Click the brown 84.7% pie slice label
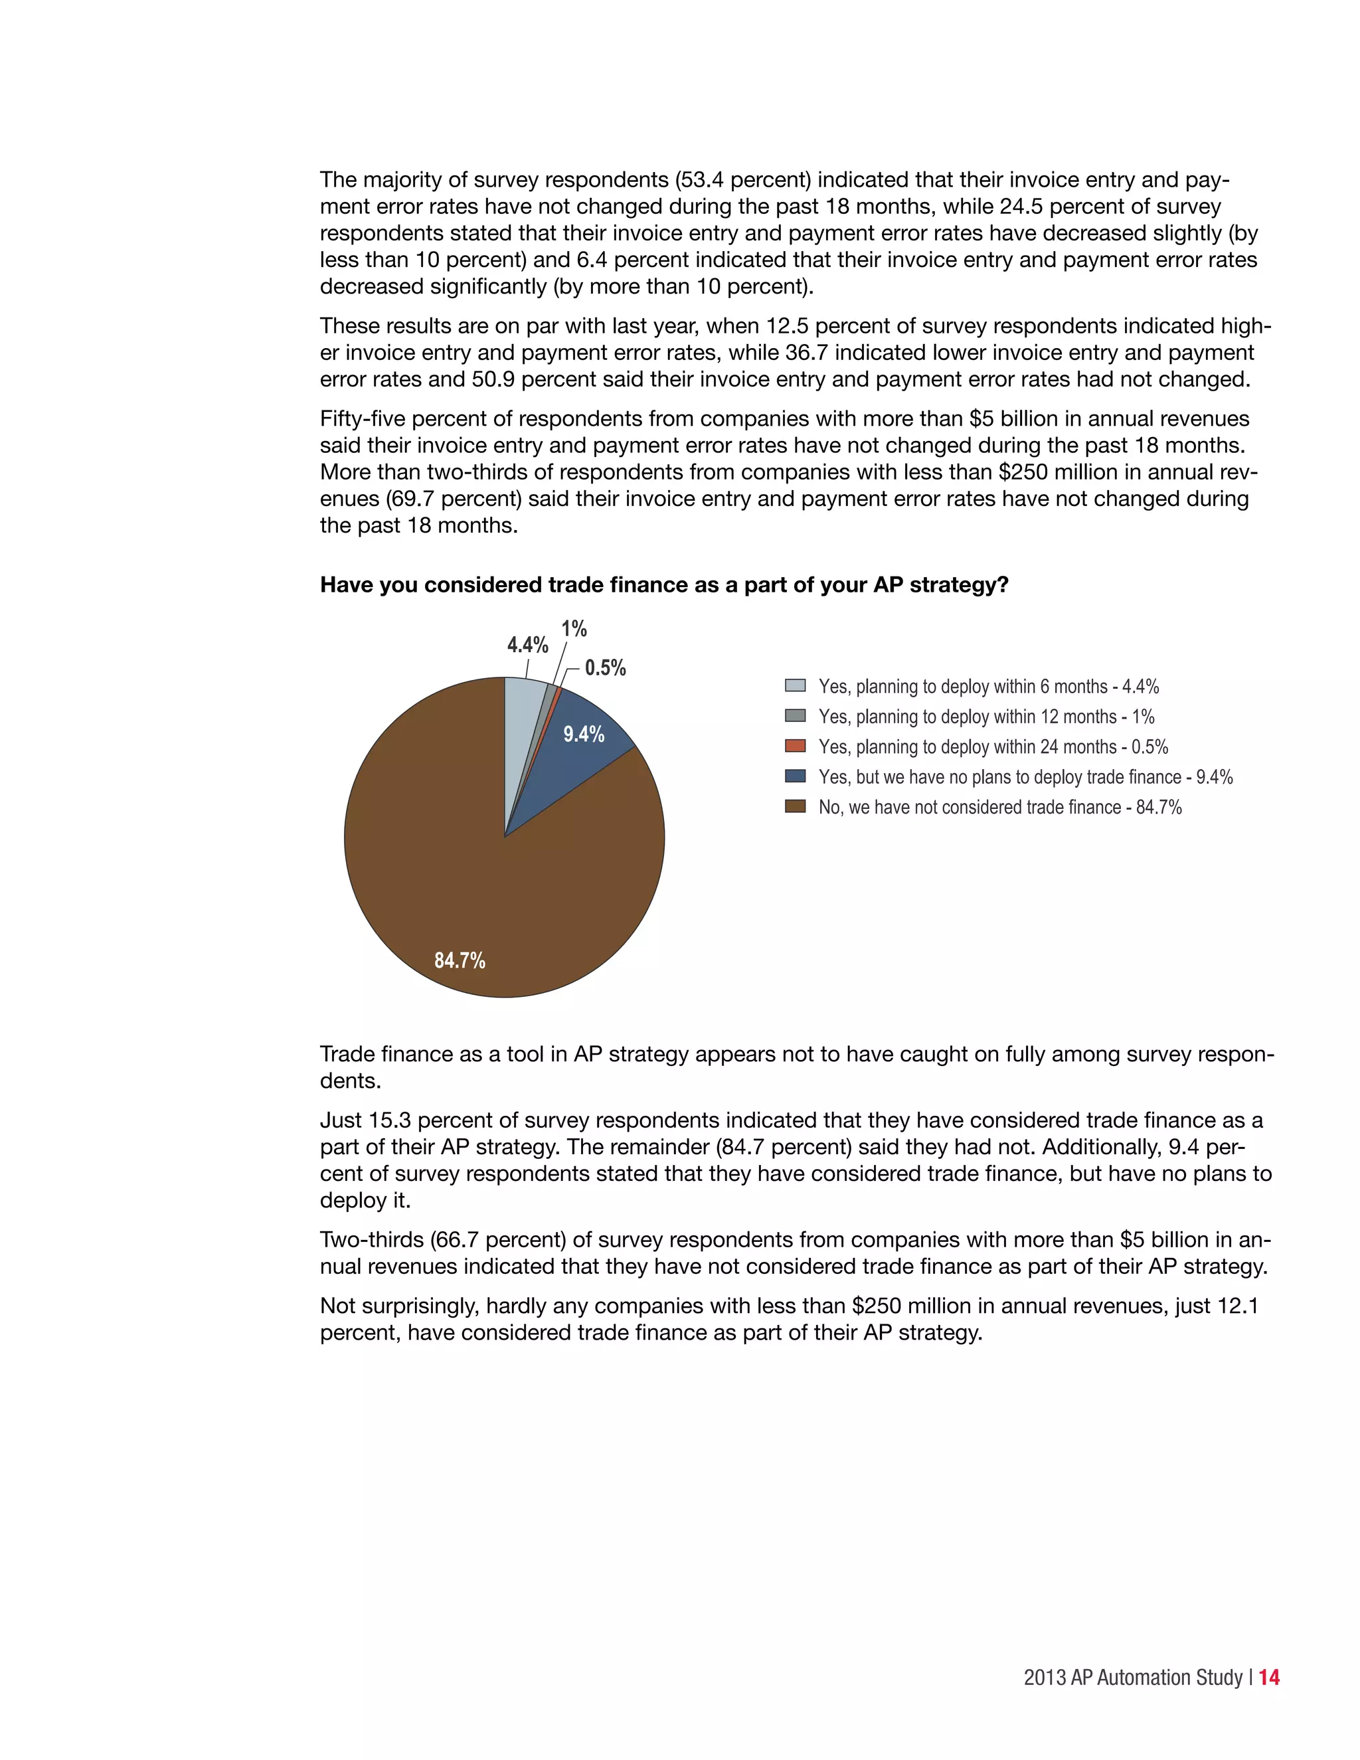[460, 960]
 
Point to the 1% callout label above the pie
[574, 628]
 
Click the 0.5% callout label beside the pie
[605, 667]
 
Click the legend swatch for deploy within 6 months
[794, 686]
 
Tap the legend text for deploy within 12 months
[986, 717]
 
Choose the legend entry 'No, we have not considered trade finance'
[999, 807]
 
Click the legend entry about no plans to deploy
[1025, 777]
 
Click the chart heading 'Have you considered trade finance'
[663, 584]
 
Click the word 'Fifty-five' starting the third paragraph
[363, 419]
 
